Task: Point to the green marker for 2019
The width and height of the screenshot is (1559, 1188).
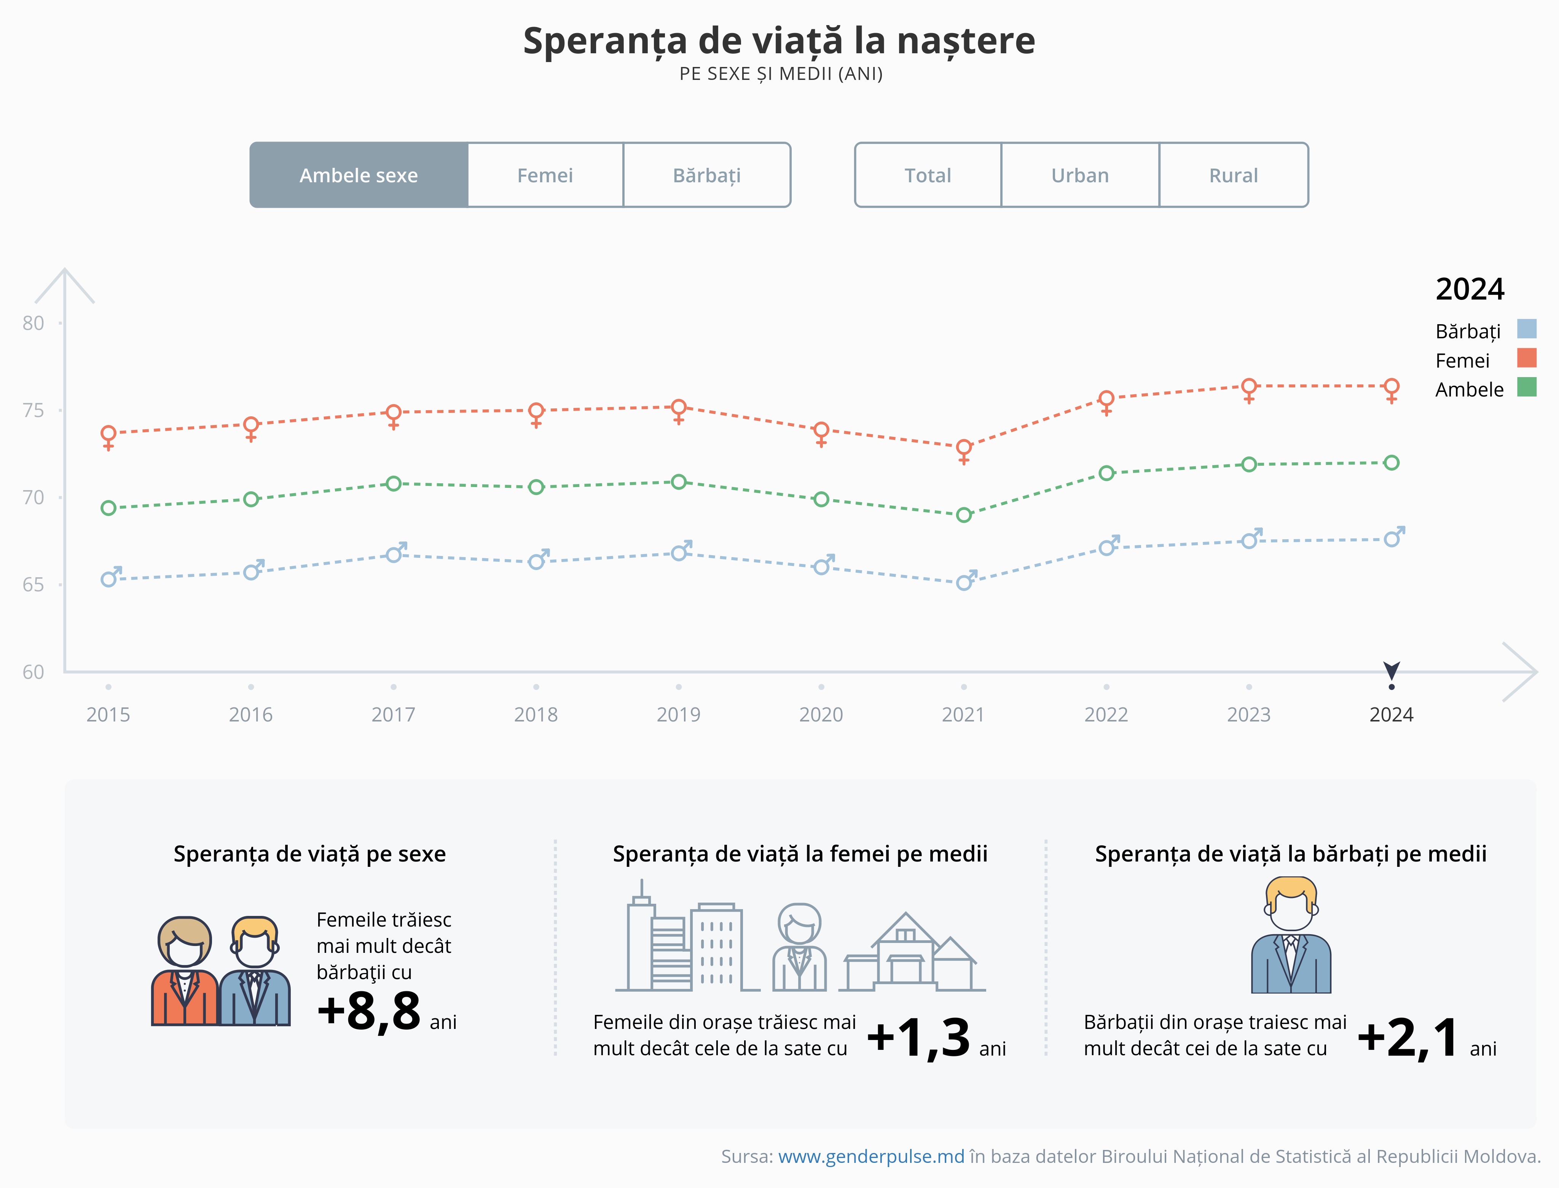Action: (678, 482)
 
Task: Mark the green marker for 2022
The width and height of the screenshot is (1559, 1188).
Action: (1106, 473)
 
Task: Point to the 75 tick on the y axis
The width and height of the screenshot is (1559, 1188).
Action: (33, 410)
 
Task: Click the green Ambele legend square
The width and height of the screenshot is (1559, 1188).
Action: (1527, 387)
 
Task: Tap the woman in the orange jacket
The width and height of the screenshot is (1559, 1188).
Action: (185, 972)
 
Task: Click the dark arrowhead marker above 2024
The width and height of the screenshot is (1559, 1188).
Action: (1391, 670)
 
